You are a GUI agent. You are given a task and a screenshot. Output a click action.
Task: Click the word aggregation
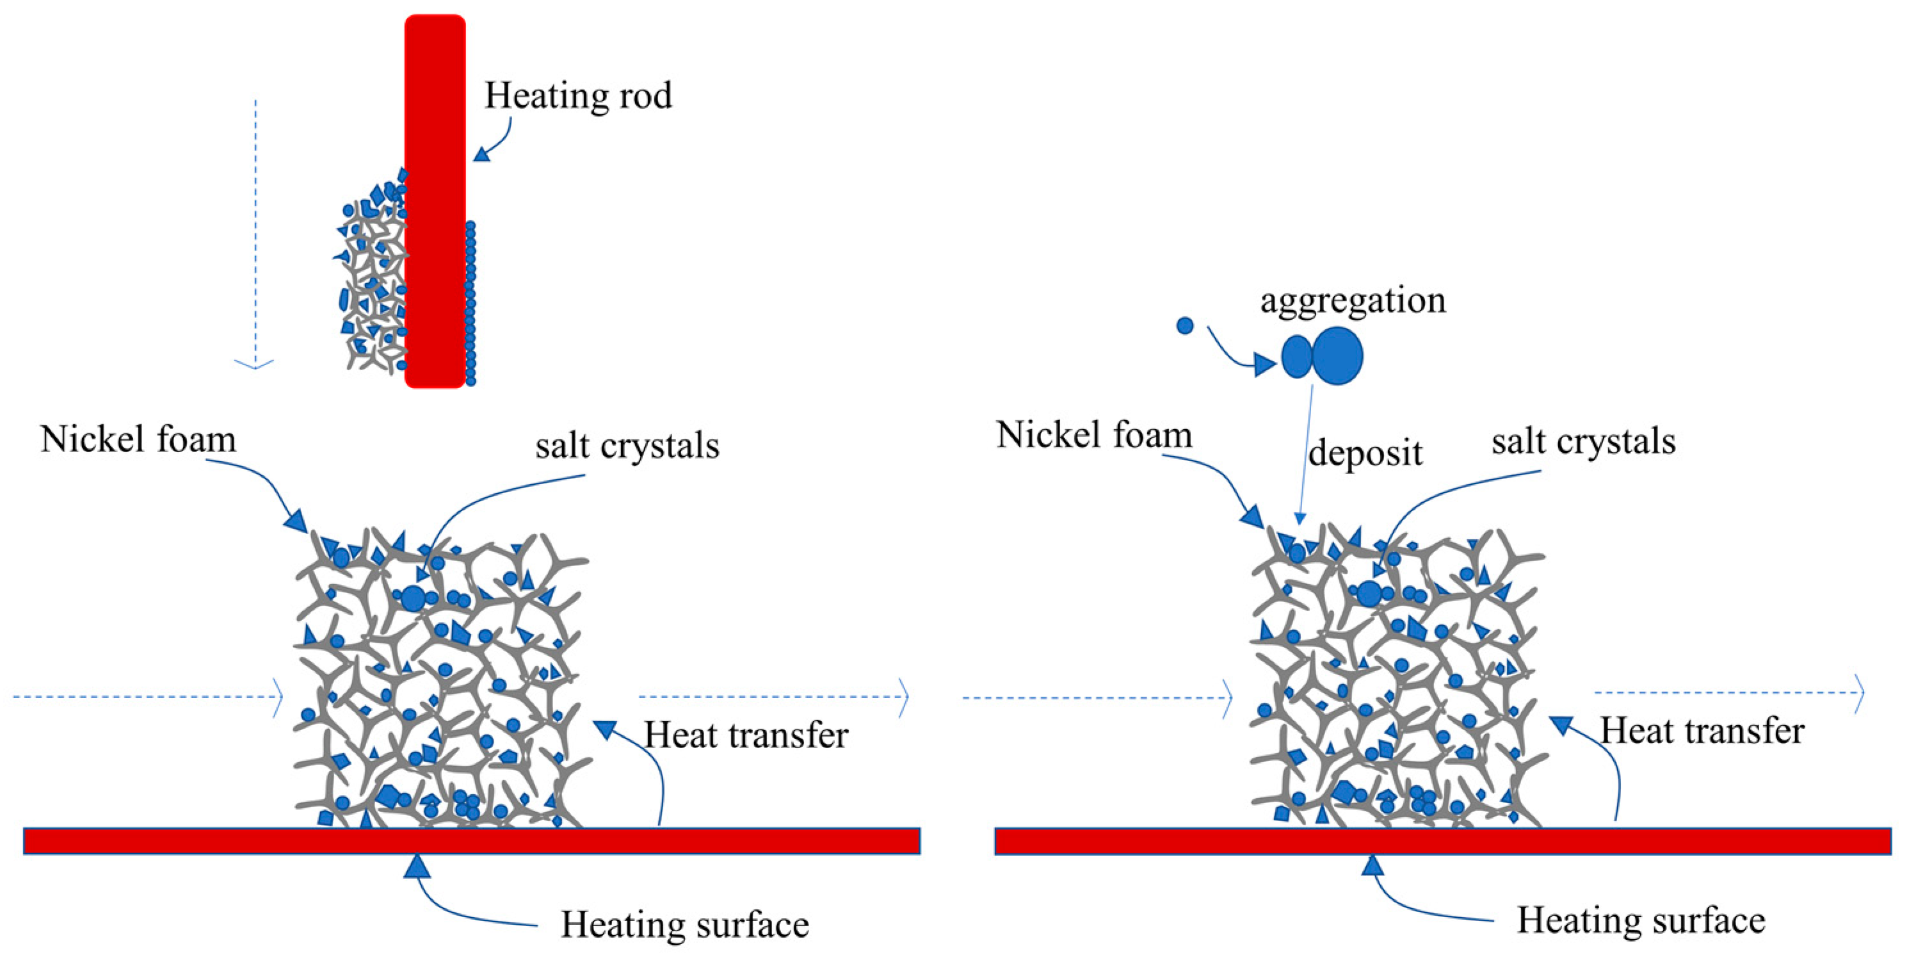pyautogui.click(x=1353, y=301)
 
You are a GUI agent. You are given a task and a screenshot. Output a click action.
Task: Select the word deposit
pyautogui.click(x=1365, y=452)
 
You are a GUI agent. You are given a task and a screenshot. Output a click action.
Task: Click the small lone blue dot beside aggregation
pyautogui.click(x=1185, y=325)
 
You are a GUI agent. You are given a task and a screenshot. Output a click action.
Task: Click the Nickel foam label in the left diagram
pyautogui.click(x=138, y=439)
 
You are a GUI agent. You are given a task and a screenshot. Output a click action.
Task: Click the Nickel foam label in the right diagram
pyautogui.click(x=1095, y=435)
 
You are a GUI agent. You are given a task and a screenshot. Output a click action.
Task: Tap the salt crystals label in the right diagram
pyautogui.click(x=1583, y=442)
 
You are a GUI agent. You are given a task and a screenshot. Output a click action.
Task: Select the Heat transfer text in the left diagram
pyautogui.click(x=746, y=736)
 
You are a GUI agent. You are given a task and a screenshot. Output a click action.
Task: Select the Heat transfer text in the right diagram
pyautogui.click(x=1702, y=731)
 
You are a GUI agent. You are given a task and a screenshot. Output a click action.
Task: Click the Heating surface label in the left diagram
pyautogui.click(x=685, y=925)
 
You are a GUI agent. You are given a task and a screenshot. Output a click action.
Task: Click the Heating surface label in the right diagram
pyautogui.click(x=1641, y=920)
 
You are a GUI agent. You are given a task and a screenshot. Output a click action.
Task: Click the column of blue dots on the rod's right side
pyautogui.click(x=471, y=304)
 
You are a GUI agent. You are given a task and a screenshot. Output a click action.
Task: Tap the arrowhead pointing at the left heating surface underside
pyautogui.click(x=417, y=867)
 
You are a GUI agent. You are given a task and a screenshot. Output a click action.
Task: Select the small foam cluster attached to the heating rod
pyautogui.click(x=371, y=282)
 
